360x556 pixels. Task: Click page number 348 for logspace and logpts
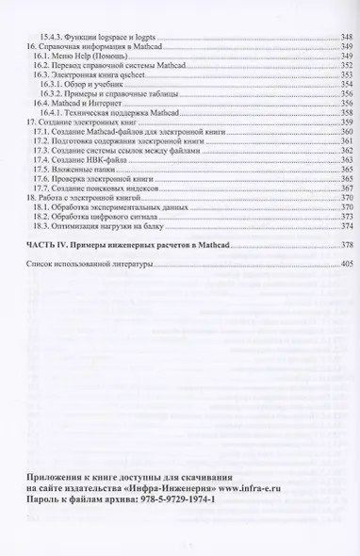coord(344,36)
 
